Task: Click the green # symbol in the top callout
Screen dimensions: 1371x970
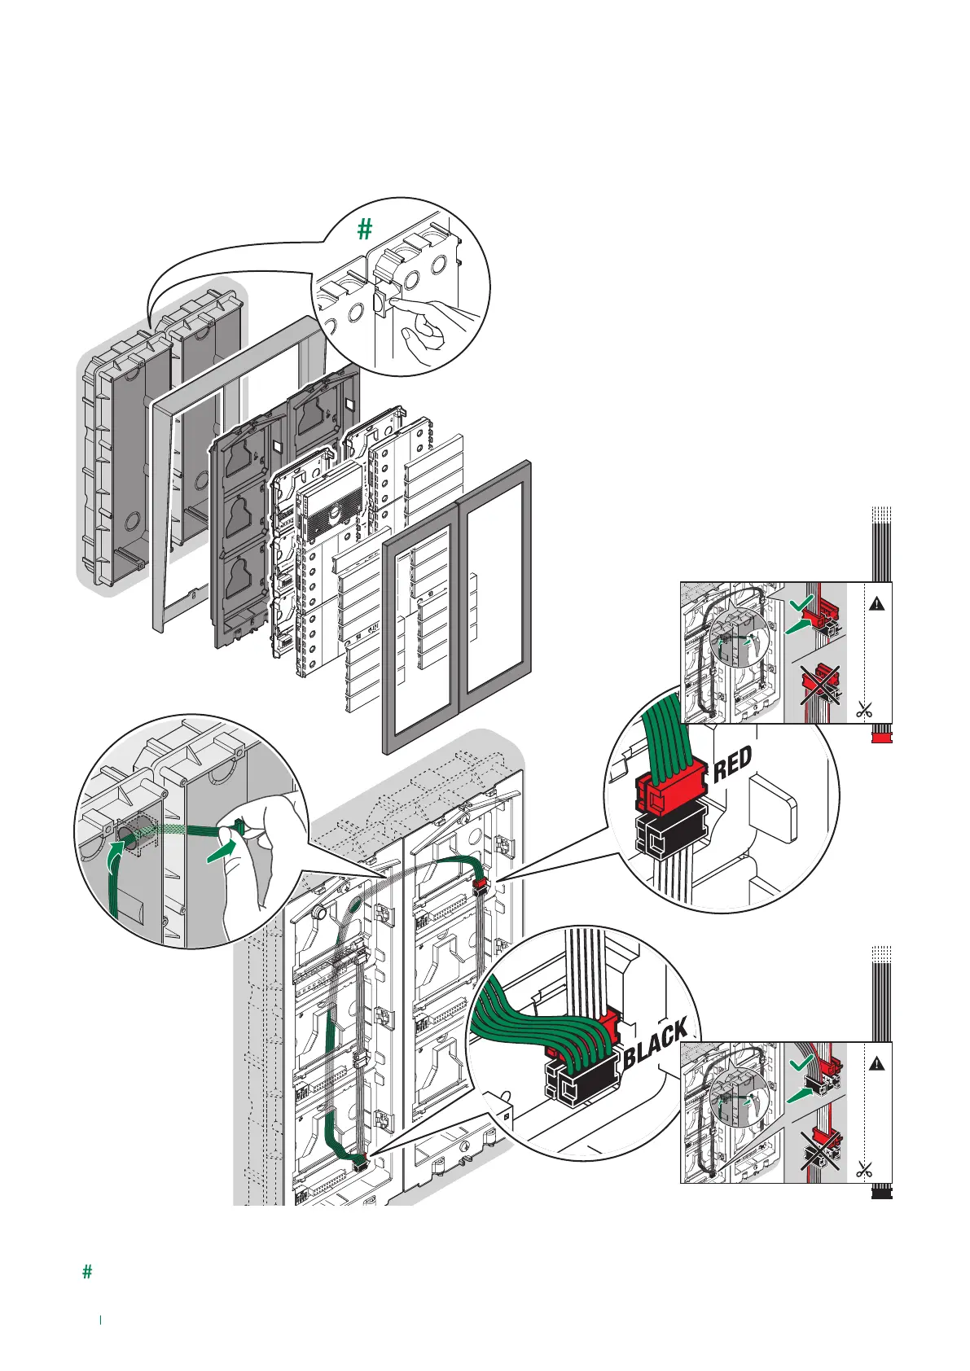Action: coord(365,230)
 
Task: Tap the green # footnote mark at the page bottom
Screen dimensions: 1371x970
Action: coord(87,1272)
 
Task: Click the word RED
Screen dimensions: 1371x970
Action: coord(733,764)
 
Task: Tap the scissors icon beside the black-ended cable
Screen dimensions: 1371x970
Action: coord(864,1170)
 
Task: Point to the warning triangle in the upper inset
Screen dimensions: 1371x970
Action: coord(876,603)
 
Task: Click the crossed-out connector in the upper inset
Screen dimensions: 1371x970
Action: coord(820,683)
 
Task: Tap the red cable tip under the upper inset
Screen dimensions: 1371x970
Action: coord(882,736)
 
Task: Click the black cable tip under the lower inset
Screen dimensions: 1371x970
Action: coord(882,1194)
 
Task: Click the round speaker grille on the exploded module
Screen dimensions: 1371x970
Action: coord(333,513)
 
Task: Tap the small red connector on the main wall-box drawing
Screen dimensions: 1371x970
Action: coord(480,882)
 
